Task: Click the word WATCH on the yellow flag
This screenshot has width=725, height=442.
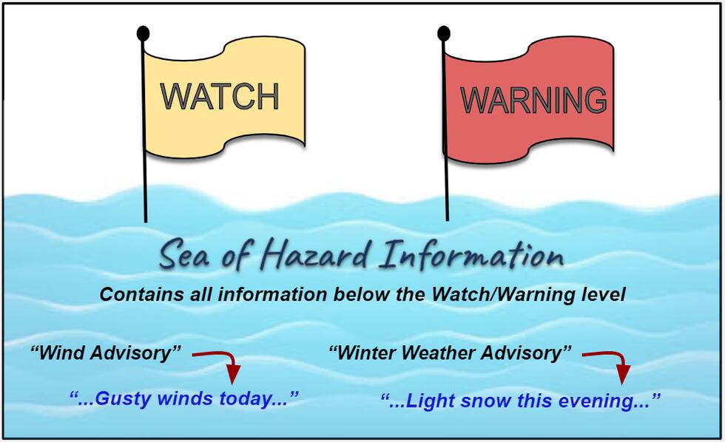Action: coord(220,97)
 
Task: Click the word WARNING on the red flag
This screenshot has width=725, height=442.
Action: coord(533,101)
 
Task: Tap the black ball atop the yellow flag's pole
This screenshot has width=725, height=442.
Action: coord(143,33)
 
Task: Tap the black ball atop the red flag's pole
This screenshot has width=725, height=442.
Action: coord(444,33)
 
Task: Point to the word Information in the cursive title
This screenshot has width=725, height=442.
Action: coord(471,256)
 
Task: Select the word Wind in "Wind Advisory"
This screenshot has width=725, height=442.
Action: coord(62,353)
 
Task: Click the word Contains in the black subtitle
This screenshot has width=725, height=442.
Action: coord(140,294)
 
